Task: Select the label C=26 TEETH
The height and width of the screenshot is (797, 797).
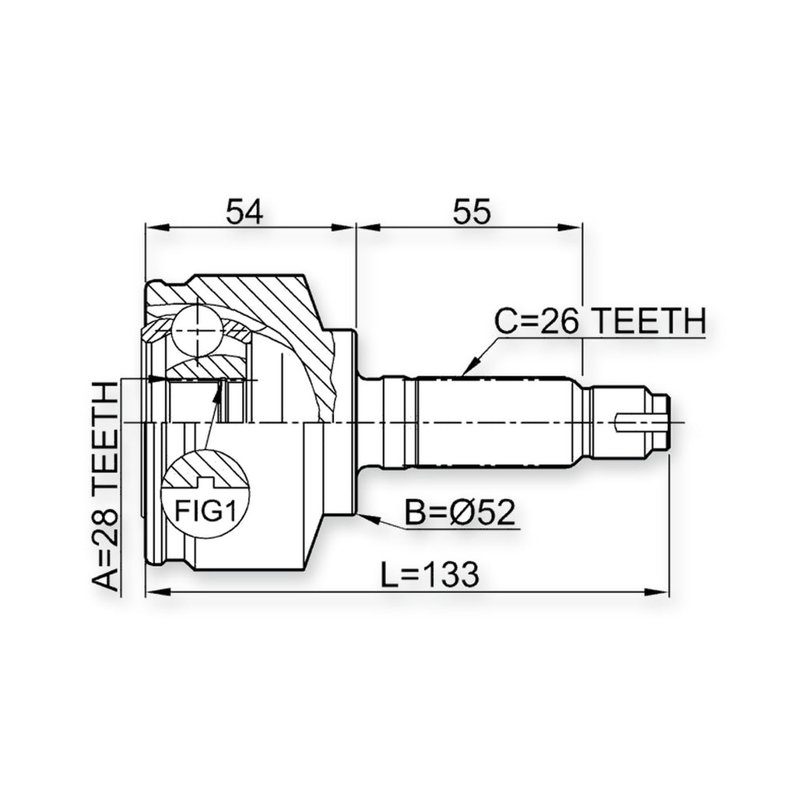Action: tap(601, 321)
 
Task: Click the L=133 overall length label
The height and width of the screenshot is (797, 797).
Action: tap(430, 574)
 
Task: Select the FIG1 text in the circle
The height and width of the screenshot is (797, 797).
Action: tap(205, 510)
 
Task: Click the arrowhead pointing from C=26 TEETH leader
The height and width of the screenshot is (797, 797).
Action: tap(471, 366)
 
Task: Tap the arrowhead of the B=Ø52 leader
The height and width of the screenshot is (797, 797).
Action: tap(368, 518)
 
